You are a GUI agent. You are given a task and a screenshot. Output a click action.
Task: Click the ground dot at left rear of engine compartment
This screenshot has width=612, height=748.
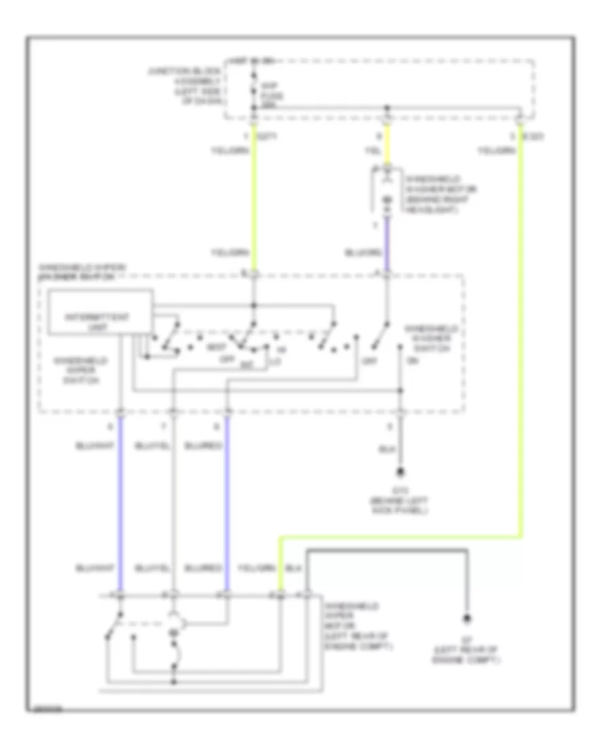tap(467, 618)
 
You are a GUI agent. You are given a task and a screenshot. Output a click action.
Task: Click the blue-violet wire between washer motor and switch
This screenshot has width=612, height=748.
tap(388, 245)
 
